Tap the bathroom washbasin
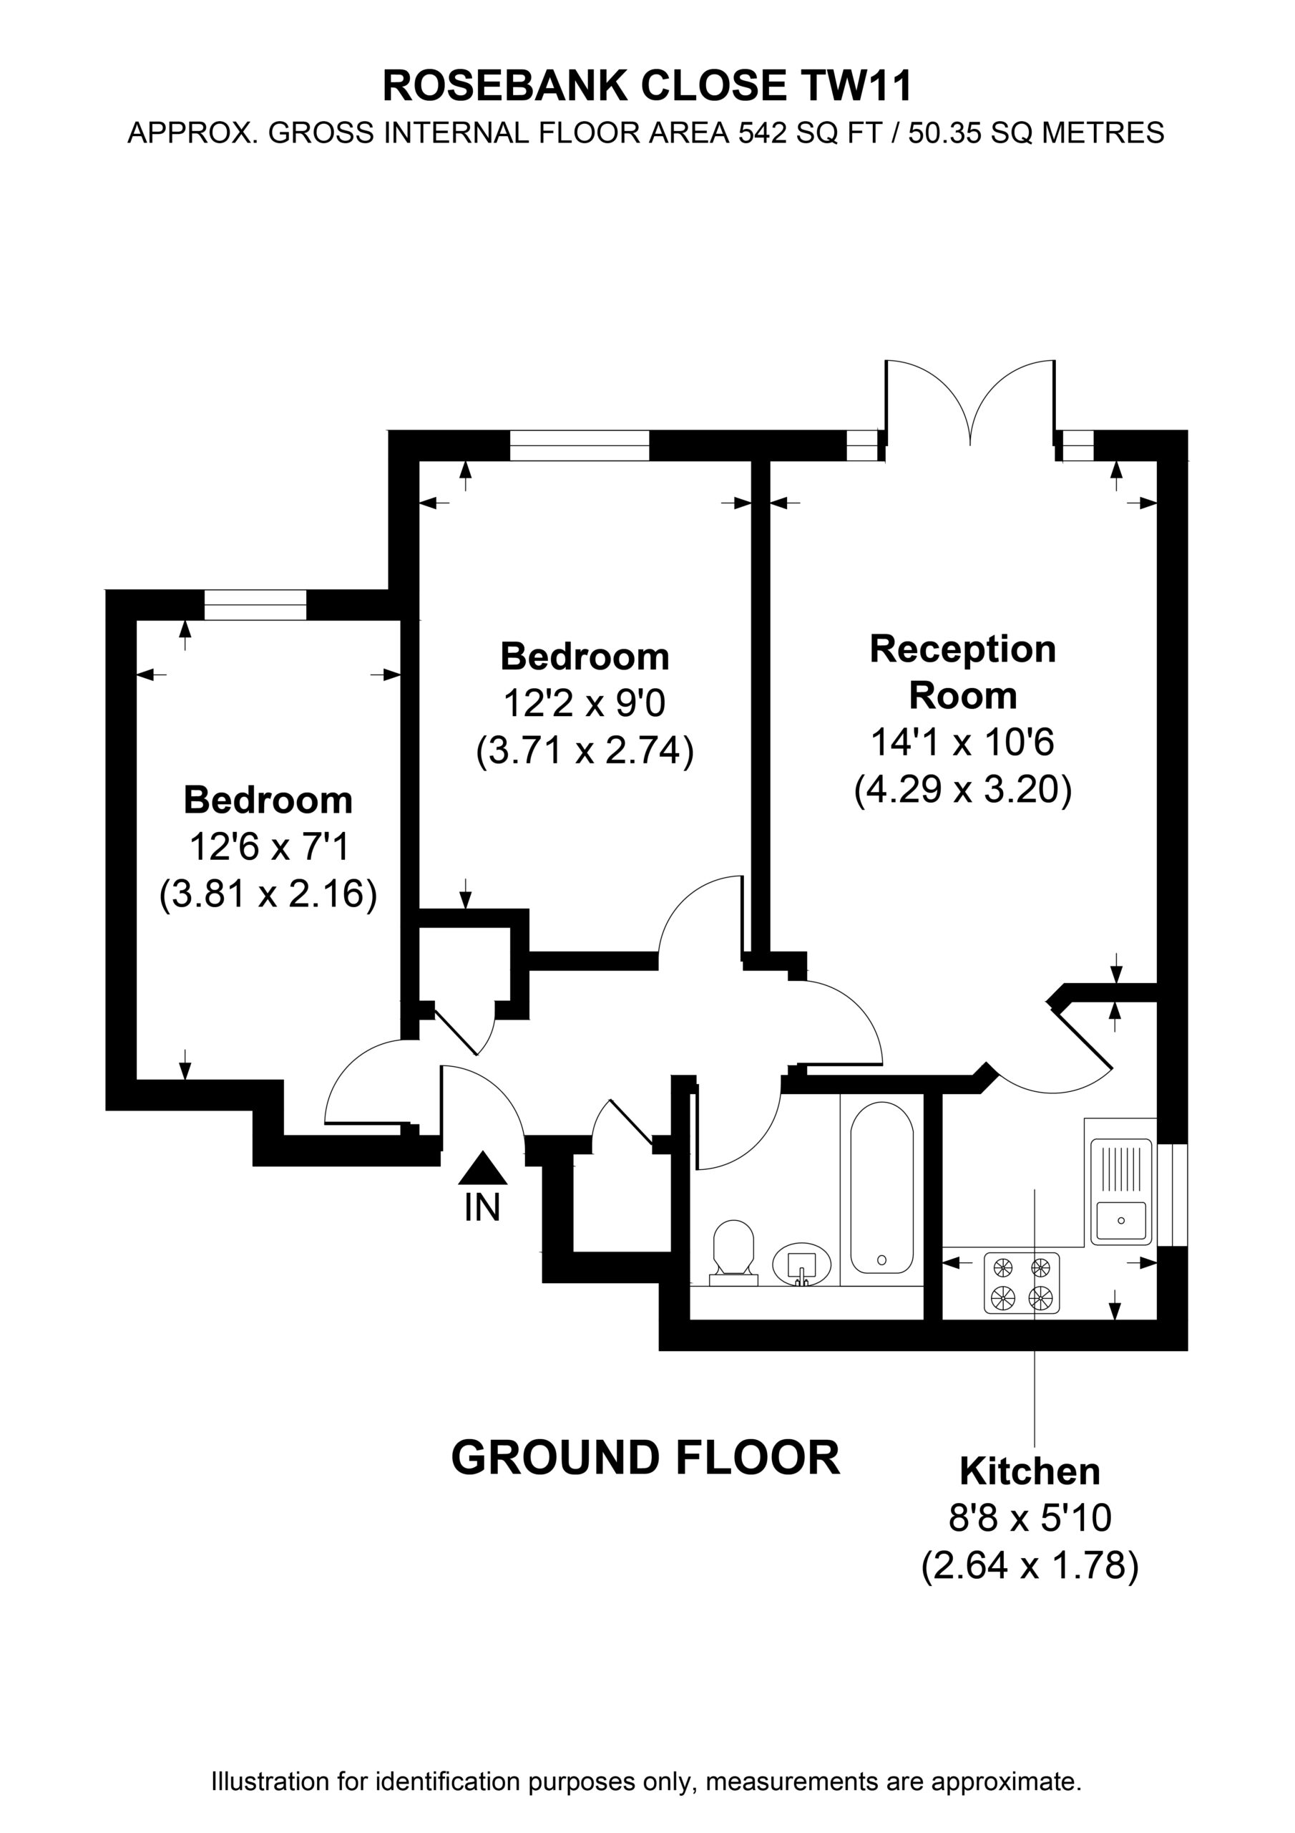(802, 1263)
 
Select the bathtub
(881, 1188)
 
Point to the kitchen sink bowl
(1121, 1222)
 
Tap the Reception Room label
(963, 672)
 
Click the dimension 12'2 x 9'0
(584, 703)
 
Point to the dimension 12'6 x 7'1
(269, 846)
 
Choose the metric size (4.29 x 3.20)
(963, 790)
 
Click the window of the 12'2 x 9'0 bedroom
(580, 445)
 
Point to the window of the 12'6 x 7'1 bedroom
(255, 605)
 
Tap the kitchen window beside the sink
(1172, 1194)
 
